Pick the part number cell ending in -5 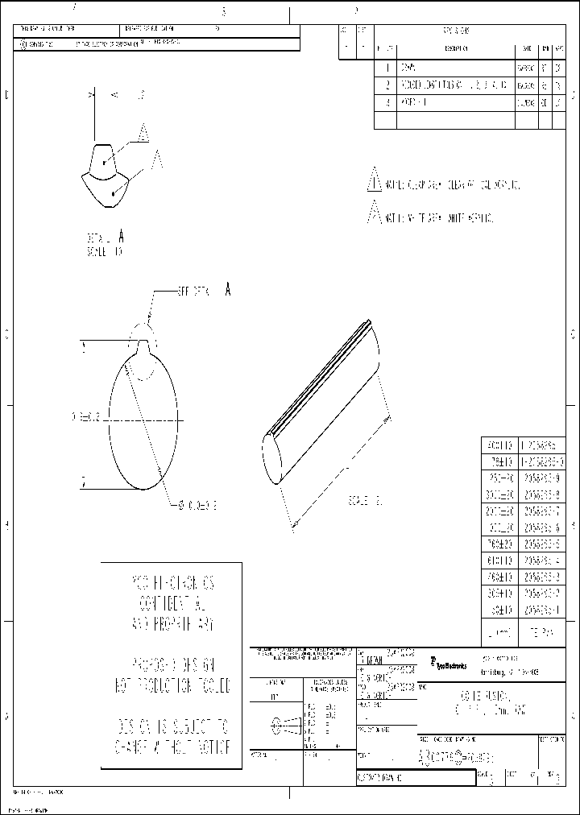[x=556, y=544]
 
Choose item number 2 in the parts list [x=387, y=85]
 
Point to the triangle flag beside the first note [x=373, y=180]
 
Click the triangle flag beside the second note [x=373, y=214]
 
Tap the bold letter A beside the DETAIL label [x=121, y=237]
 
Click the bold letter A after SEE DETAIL [x=228, y=290]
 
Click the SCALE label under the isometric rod [x=362, y=501]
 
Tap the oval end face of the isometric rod [x=275, y=459]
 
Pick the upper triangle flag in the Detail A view [x=143, y=132]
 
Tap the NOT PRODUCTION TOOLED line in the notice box [x=171, y=687]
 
